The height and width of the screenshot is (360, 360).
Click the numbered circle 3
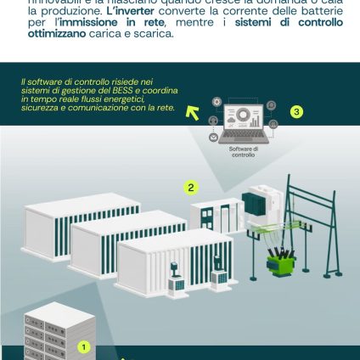coord(296,111)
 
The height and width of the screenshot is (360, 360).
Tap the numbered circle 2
coord(191,188)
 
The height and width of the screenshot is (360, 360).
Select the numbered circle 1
coord(83,346)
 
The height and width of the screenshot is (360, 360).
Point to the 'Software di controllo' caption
coord(243,152)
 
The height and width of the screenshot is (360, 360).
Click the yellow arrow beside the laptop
coord(193,112)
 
